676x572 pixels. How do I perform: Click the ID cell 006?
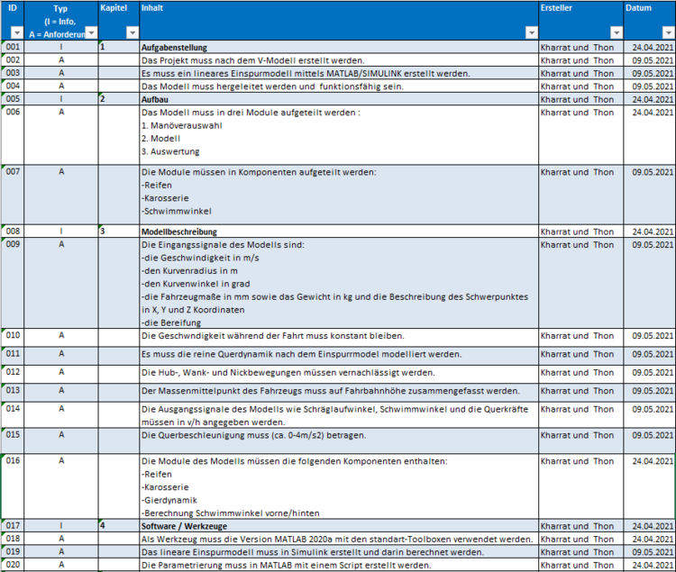(x=13, y=113)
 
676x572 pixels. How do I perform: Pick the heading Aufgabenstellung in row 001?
(x=175, y=47)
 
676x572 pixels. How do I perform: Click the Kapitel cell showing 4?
(x=104, y=525)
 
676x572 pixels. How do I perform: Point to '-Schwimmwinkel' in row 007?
(x=177, y=211)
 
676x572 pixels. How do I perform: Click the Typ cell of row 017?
(x=61, y=525)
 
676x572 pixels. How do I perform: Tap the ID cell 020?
(x=13, y=565)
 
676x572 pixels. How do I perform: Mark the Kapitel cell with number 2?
(x=104, y=99)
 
